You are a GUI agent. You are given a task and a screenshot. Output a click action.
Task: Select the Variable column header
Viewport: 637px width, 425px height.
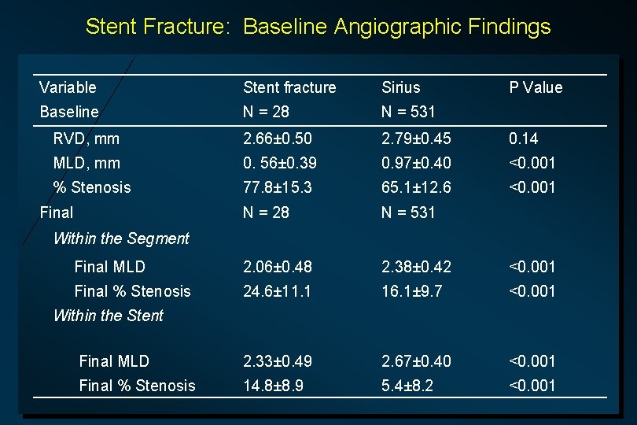point(68,87)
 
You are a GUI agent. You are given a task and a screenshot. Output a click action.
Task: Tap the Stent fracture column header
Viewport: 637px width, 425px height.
point(289,87)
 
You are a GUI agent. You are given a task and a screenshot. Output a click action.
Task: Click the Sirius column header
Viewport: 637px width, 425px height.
point(401,87)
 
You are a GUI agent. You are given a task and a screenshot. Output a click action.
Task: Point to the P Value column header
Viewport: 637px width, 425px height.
point(536,87)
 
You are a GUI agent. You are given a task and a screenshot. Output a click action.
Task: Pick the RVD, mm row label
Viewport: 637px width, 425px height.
point(87,139)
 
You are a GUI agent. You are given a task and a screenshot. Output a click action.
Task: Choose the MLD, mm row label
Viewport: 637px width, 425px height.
point(87,163)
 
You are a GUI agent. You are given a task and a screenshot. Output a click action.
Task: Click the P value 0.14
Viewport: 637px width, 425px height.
point(525,139)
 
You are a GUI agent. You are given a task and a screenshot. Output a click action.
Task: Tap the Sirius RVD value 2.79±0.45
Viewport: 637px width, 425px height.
point(416,139)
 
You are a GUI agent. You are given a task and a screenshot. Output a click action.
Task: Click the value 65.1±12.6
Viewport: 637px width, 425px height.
point(416,187)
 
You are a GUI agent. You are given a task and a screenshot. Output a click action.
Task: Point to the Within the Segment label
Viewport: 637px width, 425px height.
point(121,238)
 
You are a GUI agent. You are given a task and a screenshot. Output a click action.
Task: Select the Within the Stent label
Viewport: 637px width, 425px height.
point(109,316)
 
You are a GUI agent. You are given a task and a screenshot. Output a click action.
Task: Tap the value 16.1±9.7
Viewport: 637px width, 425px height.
point(412,291)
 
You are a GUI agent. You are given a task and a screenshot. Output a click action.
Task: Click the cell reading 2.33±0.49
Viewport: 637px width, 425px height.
point(278,361)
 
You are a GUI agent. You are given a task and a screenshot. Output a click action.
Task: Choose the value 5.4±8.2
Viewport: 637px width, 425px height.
point(407,386)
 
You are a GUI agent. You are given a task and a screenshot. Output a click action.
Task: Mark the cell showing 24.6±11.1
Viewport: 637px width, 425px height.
point(278,291)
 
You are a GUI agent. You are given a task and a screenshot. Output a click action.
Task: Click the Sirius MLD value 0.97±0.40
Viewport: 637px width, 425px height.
point(416,163)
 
